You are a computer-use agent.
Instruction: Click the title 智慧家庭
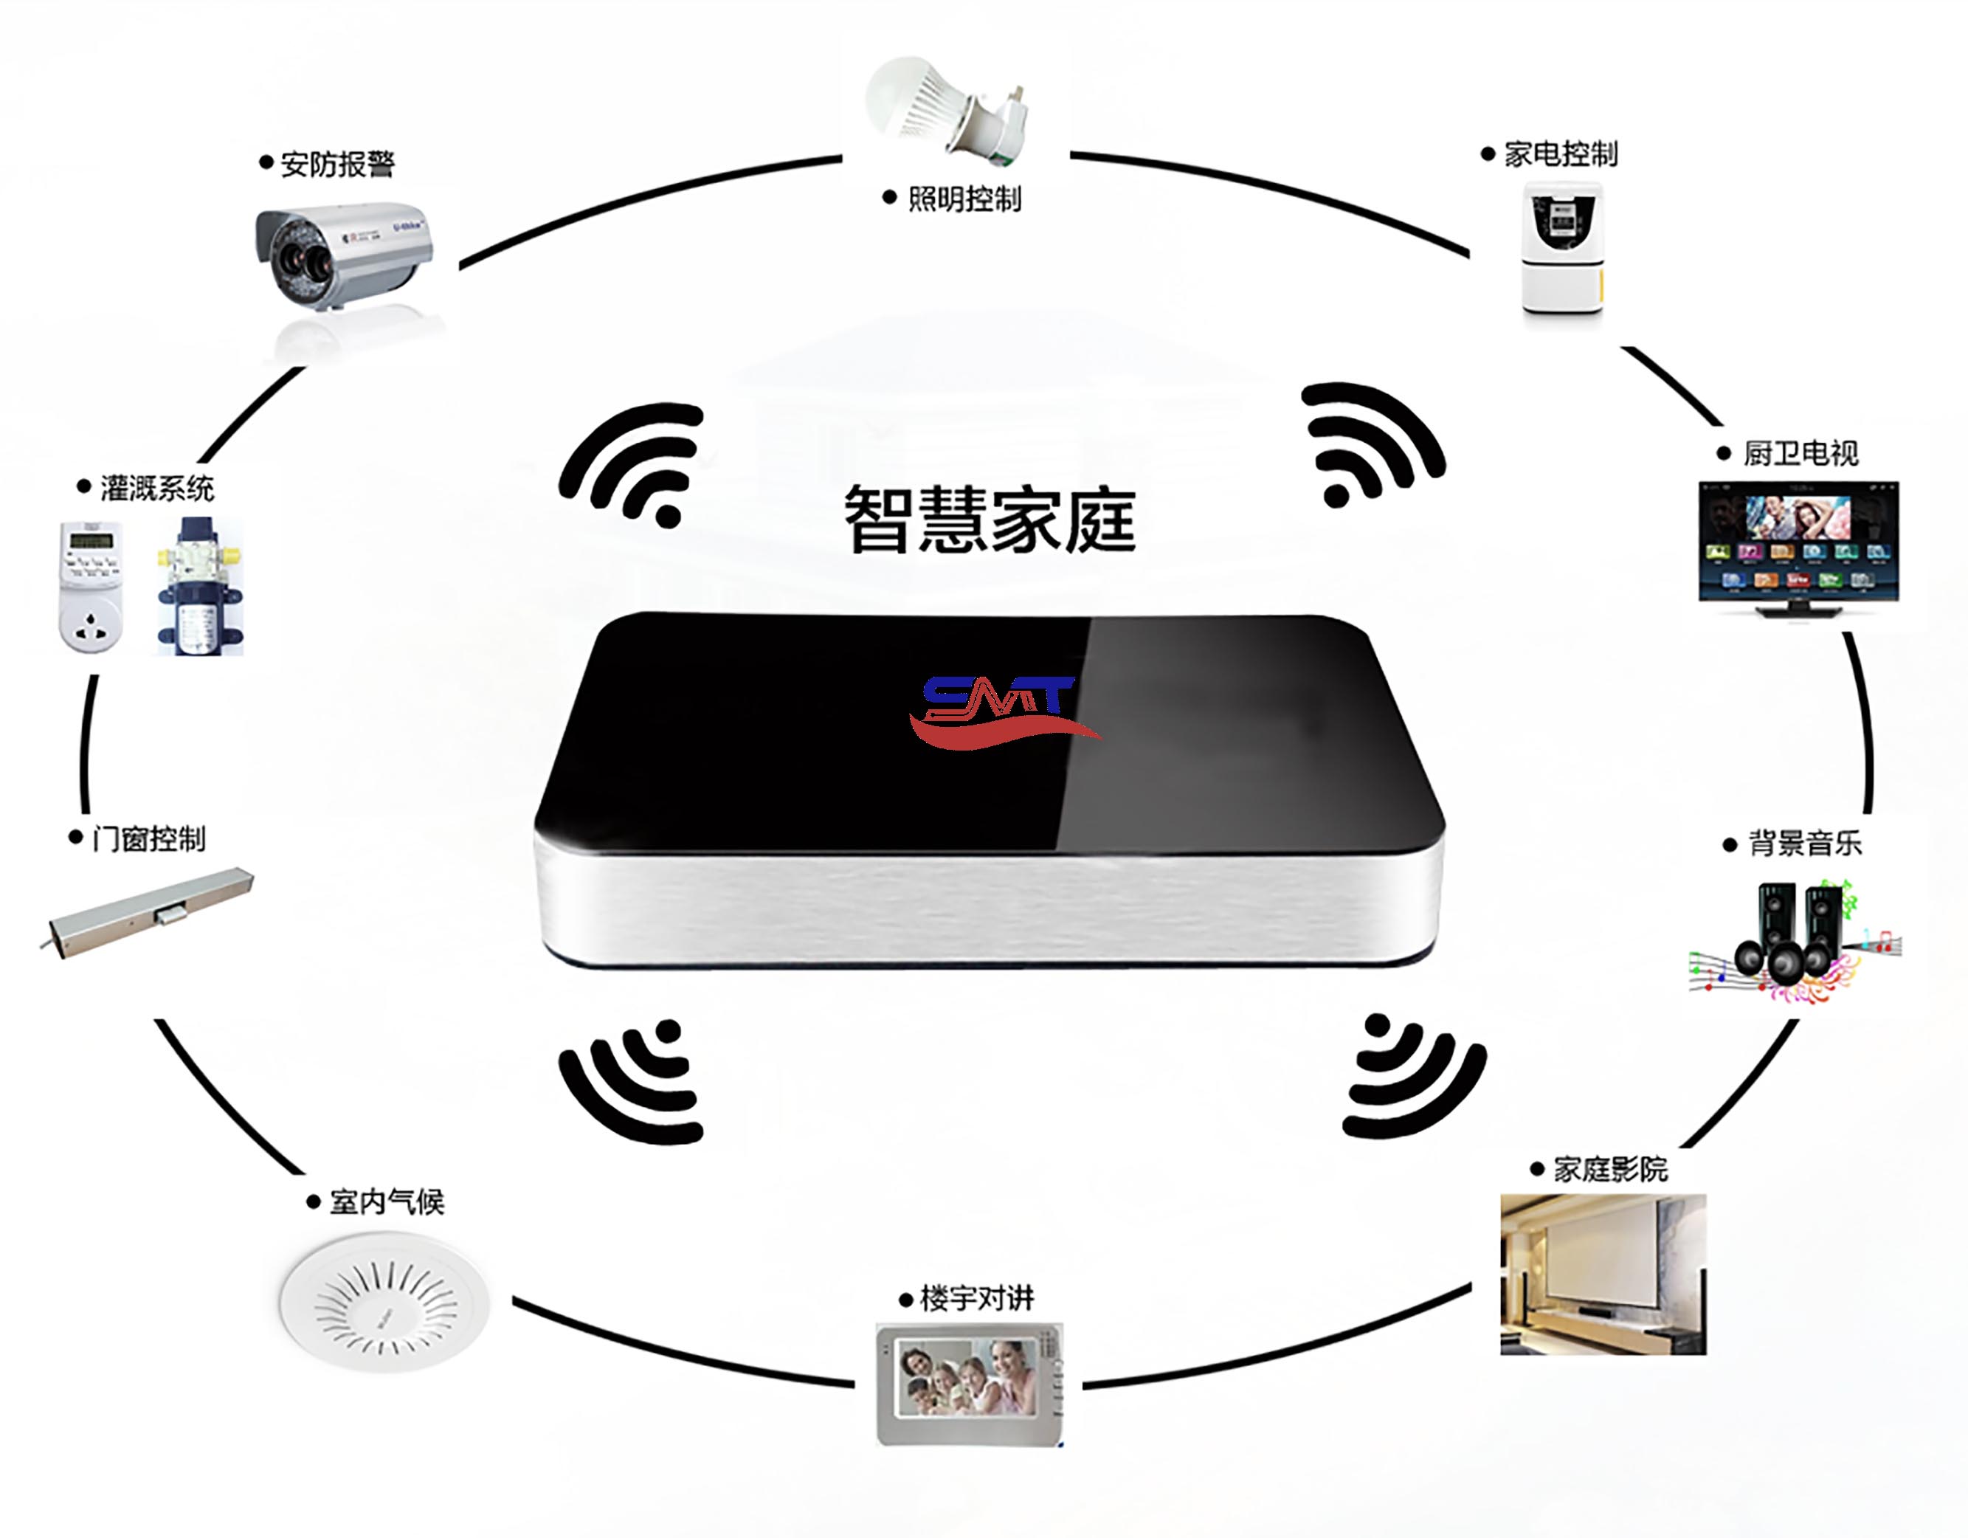(x=990, y=519)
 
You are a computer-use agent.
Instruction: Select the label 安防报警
(x=337, y=164)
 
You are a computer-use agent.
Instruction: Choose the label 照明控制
(x=964, y=199)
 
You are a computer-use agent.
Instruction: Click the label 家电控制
(x=1561, y=154)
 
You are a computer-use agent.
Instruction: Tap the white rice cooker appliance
(x=1562, y=248)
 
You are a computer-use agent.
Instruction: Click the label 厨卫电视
(x=1800, y=453)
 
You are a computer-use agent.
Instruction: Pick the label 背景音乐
(x=1805, y=844)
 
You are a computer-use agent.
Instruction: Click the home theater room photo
(x=1603, y=1274)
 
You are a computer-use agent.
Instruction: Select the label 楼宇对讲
(x=977, y=1298)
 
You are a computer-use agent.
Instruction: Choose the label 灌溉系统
(x=156, y=489)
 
